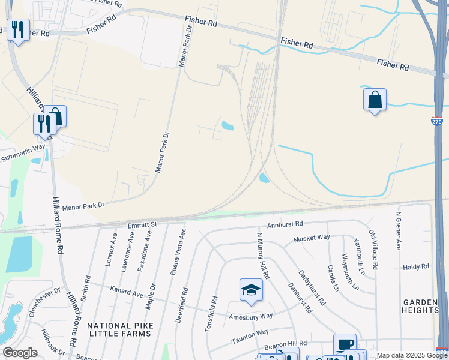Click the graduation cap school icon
pos(251,290)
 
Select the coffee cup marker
pos(345,344)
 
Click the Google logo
pos(20,353)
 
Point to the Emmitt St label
pos(142,224)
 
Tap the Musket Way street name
pos(312,238)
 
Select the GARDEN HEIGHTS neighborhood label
pos(421,306)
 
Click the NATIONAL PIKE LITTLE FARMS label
pos(118,329)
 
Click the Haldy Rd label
pos(417,266)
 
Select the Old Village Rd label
pos(373,249)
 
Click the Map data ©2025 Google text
pos(412,355)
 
